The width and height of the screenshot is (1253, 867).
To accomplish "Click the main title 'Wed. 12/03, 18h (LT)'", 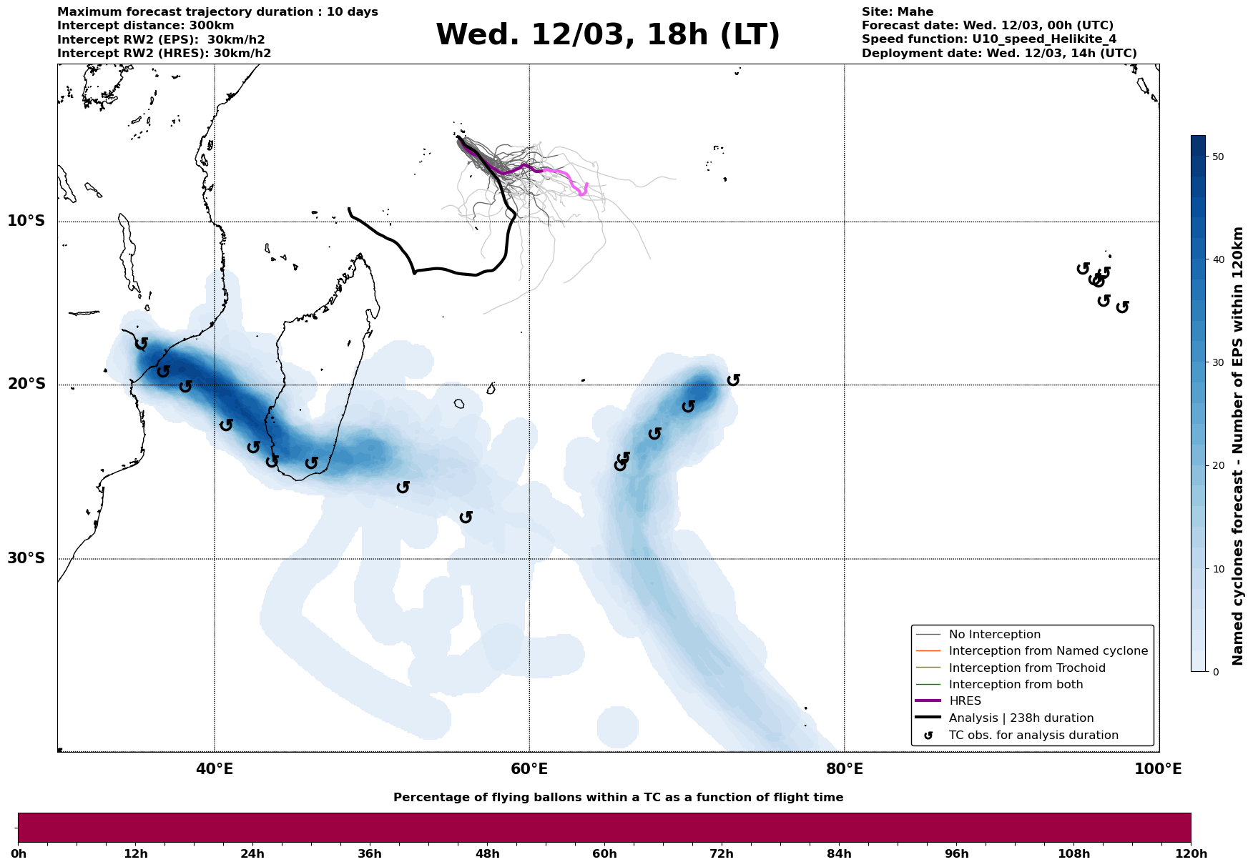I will (607, 35).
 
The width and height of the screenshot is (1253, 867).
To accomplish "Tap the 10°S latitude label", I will (26, 221).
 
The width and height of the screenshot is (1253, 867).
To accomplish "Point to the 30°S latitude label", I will (26, 558).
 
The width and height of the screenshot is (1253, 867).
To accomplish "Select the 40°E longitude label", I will (215, 769).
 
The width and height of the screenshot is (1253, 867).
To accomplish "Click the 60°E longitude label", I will (529, 769).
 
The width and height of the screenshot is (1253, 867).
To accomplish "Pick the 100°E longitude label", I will (1158, 769).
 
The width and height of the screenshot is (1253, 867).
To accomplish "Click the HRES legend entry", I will (965, 701).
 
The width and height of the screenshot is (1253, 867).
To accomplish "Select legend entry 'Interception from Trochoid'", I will (1026, 668).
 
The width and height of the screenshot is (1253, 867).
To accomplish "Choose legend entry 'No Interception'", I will (994, 635).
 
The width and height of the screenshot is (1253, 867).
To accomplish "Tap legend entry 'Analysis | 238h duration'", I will (1021, 718).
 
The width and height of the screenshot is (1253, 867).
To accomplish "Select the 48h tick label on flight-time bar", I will (487, 854).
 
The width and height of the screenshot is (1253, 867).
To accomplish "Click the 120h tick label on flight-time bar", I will (1190, 854).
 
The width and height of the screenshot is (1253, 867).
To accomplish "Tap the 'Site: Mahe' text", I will (897, 12).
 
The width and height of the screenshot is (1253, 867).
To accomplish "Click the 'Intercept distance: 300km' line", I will (135, 26).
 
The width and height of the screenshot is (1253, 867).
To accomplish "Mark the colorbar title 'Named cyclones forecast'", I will (1239, 446).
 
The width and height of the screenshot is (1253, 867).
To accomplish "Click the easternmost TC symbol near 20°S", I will (733, 380).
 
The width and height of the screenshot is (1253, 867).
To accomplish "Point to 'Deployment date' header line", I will (998, 54).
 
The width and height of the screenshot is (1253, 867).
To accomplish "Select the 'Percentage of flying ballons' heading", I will (618, 798).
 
